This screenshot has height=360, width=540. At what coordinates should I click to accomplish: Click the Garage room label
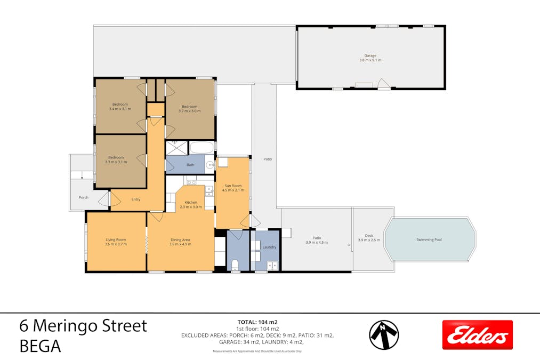(370, 55)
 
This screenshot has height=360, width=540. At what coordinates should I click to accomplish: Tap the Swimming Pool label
(429, 239)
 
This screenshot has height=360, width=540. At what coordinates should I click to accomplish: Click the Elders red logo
(477, 335)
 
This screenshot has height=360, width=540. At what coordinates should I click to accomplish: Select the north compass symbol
(384, 335)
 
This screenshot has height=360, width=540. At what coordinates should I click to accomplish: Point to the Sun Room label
(232, 186)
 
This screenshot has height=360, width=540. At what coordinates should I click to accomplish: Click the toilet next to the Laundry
(235, 265)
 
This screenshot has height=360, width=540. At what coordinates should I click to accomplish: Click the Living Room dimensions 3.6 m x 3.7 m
(116, 244)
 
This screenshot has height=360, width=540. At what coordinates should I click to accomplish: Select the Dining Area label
(180, 239)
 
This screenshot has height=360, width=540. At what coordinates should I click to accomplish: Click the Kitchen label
(191, 202)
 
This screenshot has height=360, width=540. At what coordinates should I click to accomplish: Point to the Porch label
(83, 197)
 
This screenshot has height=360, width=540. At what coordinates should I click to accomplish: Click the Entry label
(136, 199)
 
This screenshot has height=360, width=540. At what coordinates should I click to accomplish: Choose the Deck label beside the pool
(369, 235)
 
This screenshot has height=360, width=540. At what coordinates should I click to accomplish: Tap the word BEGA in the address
(40, 346)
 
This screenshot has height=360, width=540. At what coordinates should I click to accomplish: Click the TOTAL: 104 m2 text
(257, 322)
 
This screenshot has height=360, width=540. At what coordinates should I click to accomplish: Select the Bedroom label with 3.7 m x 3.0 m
(189, 106)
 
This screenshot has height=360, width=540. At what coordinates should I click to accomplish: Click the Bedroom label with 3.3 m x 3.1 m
(116, 157)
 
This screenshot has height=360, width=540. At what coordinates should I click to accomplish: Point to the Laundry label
(269, 247)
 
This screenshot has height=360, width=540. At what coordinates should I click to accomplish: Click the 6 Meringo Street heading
(83, 325)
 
